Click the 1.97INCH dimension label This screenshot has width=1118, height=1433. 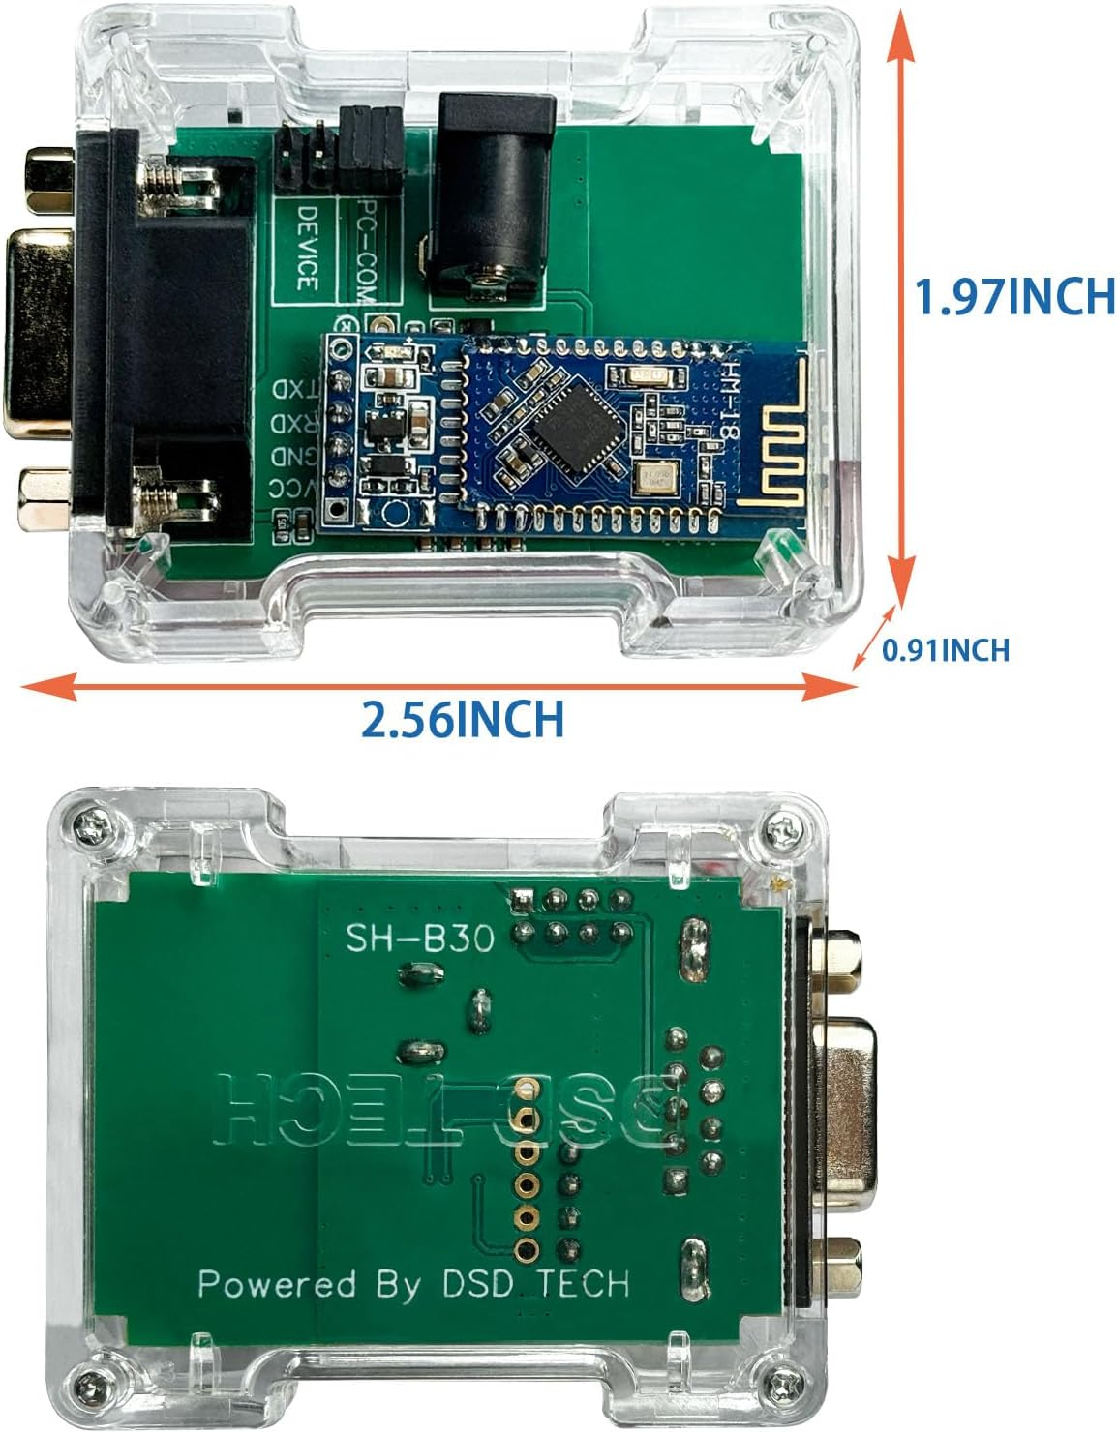coord(1015,296)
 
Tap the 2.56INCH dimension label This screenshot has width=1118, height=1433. coord(462,719)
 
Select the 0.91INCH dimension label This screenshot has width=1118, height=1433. coord(945,650)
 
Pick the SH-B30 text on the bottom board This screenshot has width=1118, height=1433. coord(421,938)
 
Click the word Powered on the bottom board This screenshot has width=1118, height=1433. coord(276,1285)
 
